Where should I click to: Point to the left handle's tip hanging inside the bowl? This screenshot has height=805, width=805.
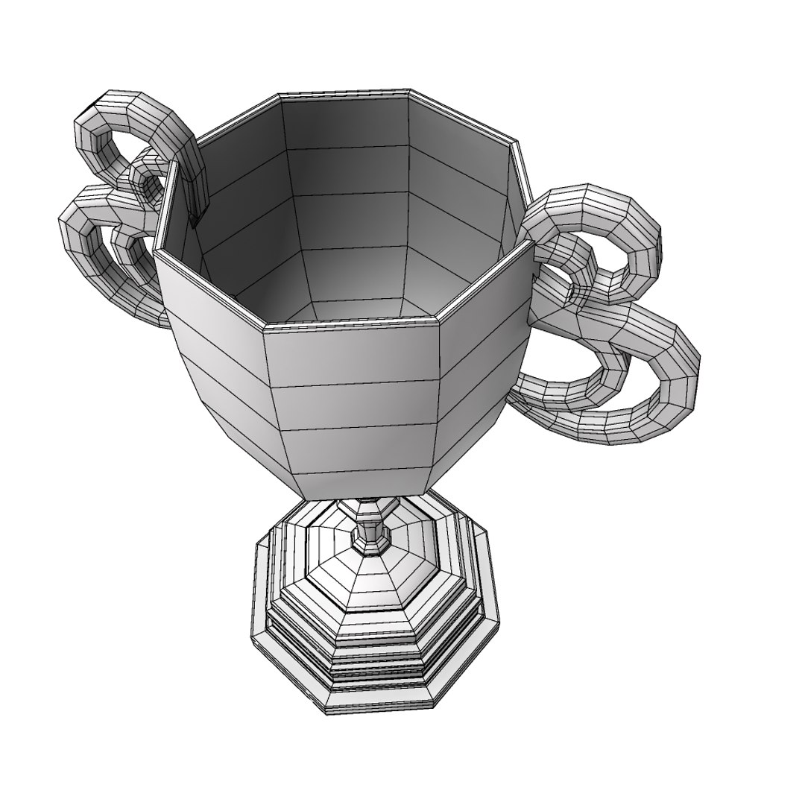[x=196, y=212]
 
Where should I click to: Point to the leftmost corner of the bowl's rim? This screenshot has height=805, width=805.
[x=156, y=253]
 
